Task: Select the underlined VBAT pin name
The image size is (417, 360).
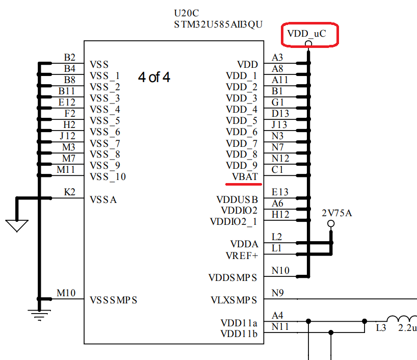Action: click(x=245, y=176)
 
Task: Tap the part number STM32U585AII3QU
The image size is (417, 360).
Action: click(x=218, y=24)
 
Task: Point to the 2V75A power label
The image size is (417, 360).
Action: click(x=337, y=213)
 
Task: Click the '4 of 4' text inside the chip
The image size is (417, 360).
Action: click(x=154, y=77)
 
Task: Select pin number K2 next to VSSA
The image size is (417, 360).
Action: click(x=69, y=192)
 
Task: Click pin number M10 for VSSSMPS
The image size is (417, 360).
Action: click(x=66, y=293)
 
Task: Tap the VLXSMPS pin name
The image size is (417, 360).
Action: click(x=234, y=300)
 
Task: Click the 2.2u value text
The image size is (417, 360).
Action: click(x=407, y=328)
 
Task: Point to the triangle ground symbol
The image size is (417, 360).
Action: click(x=16, y=225)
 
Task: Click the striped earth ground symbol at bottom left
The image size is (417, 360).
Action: click(x=38, y=315)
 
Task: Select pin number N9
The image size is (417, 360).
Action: click(x=278, y=293)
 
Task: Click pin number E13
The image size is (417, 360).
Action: click(x=280, y=192)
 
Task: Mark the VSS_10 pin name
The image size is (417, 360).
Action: click(x=108, y=176)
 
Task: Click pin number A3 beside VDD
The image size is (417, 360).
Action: click(x=277, y=58)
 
